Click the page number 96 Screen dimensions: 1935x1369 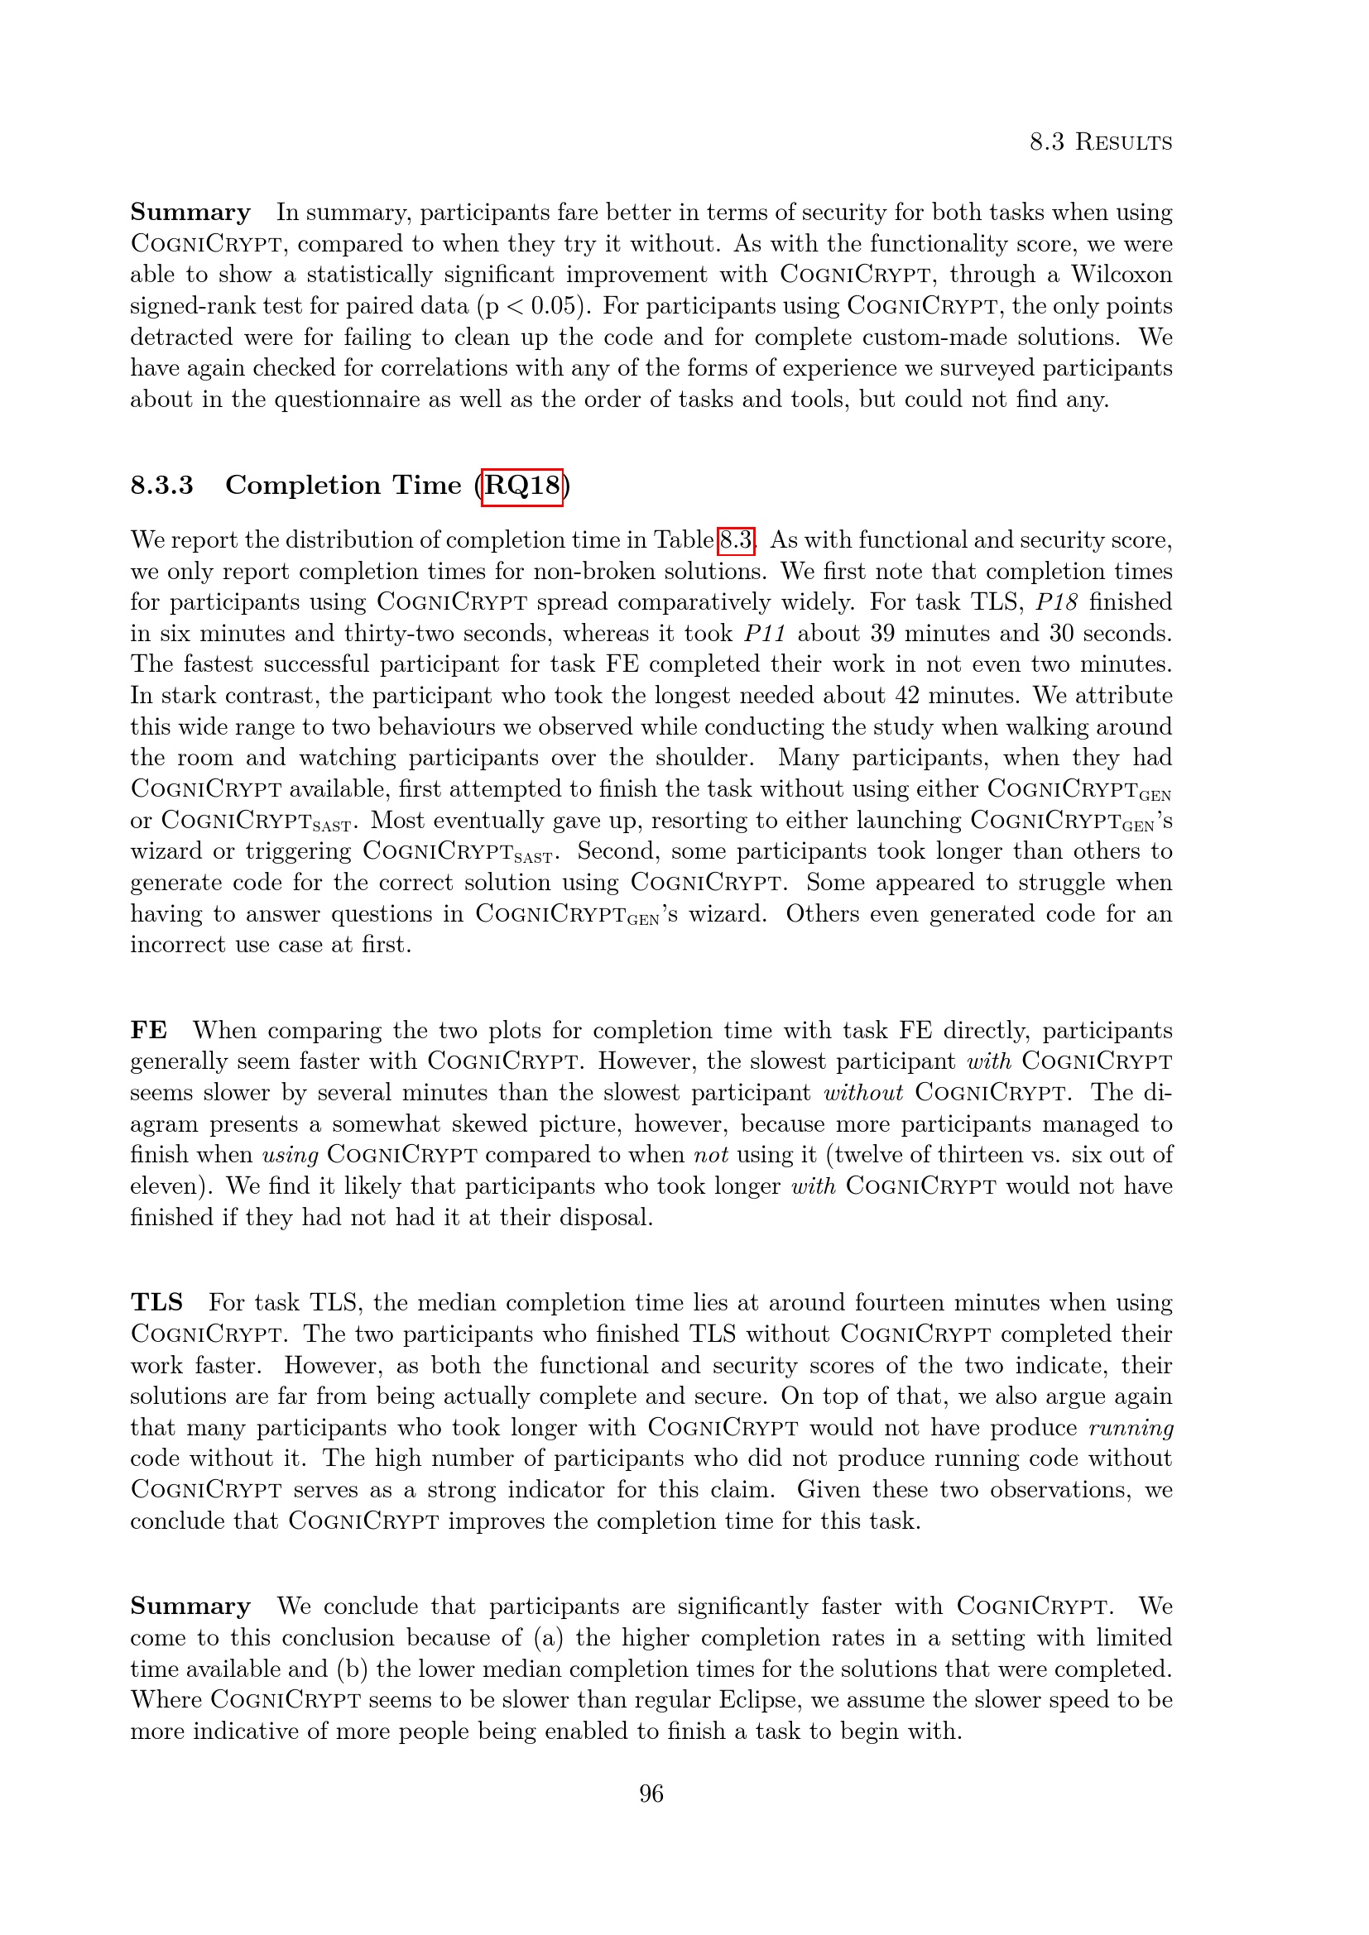point(651,1794)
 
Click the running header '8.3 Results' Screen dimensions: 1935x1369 point(1100,141)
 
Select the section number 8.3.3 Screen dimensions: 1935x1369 point(162,486)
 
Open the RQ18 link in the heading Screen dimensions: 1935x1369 point(521,486)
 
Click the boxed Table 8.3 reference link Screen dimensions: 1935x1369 point(735,540)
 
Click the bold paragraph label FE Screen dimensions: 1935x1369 point(148,1031)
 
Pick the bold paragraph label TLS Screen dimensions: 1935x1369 point(156,1303)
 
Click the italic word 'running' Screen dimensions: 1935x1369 point(1131,1428)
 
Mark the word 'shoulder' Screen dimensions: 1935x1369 point(703,758)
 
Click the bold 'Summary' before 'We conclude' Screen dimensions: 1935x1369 point(190,1607)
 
